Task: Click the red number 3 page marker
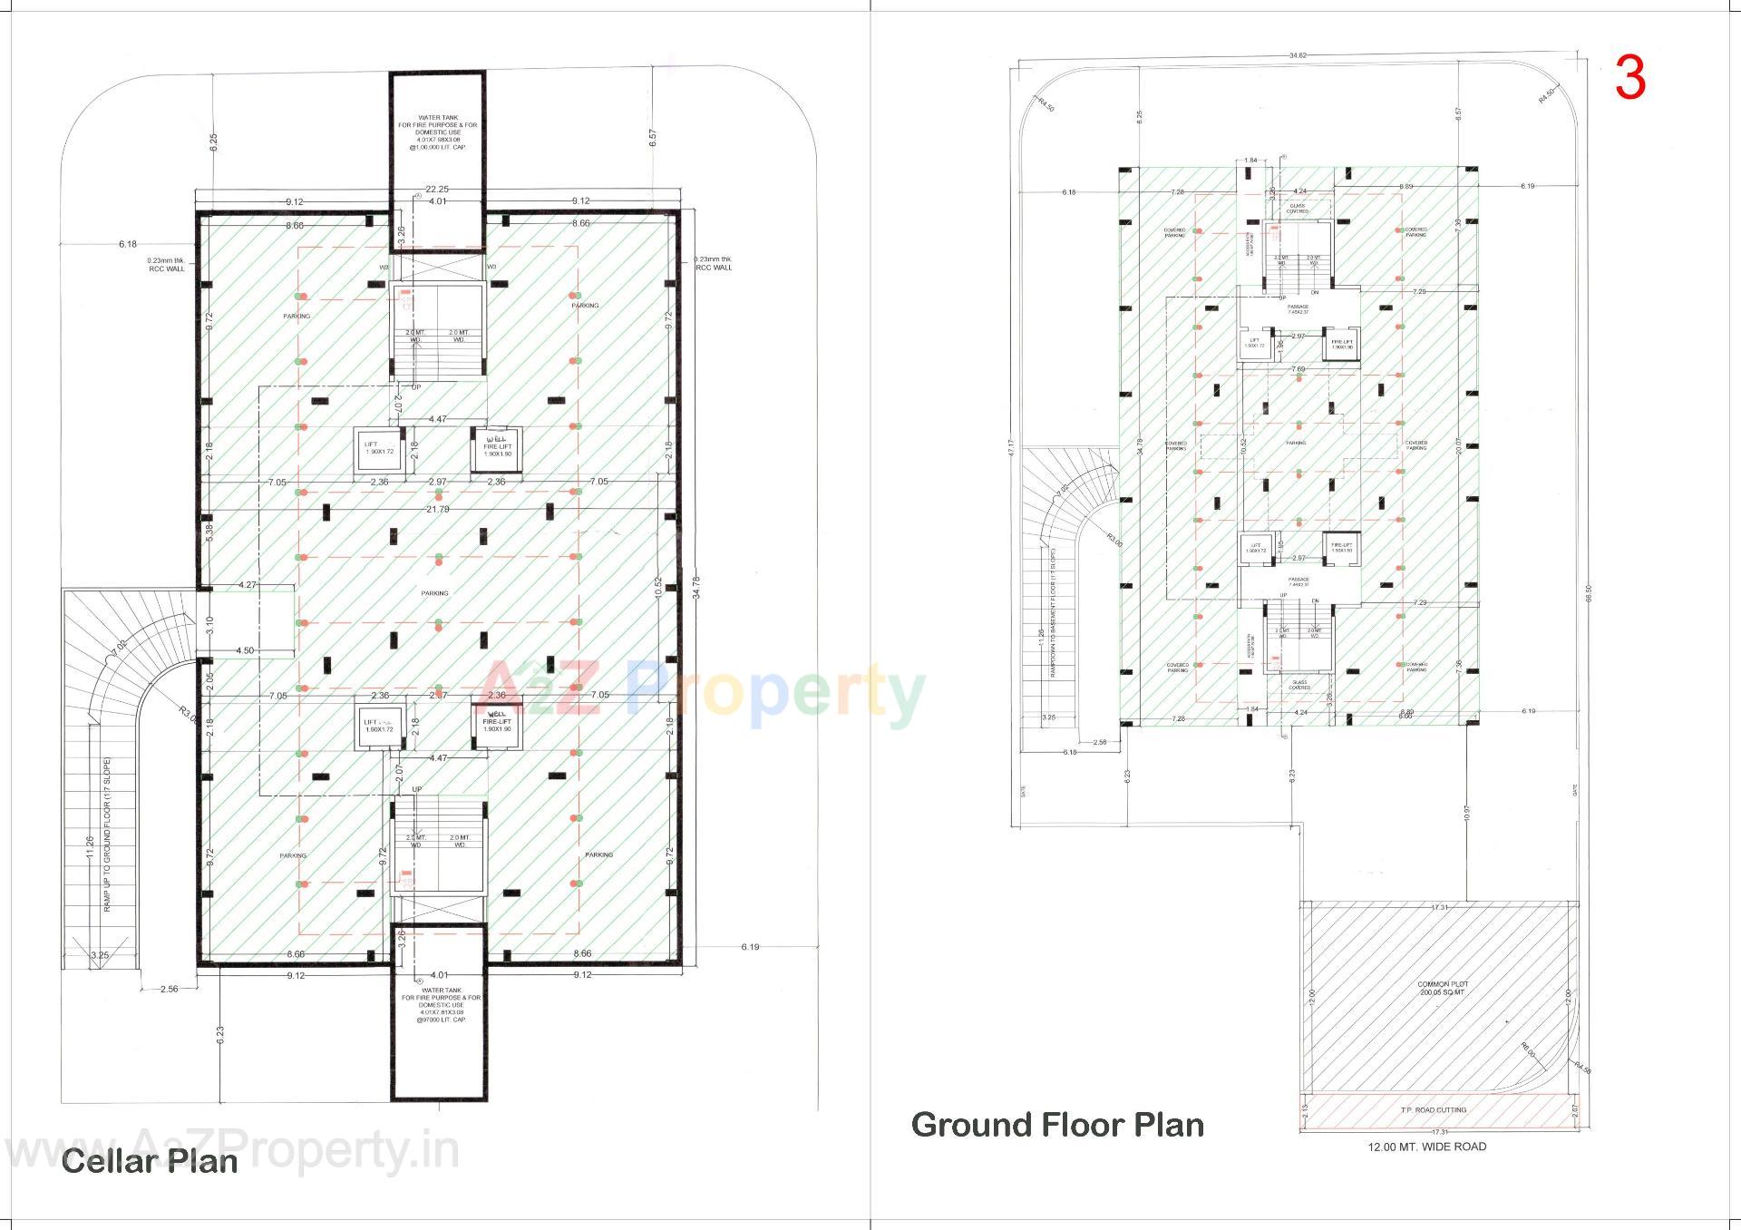tap(1629, 79)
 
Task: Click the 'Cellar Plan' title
tap(150, 1161)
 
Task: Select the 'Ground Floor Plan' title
tap(1057, 1125)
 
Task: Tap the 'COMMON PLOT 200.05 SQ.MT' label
tap(1442, 989)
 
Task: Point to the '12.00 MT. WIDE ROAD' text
tap(1427, 1147)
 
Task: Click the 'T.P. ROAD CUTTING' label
tap(1439, 1109)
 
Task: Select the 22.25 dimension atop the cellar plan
tap(438, 190)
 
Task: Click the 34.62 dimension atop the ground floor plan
tap(1298, 56)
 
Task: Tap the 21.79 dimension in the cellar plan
tap(438, 510)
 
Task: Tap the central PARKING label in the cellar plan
tap(434, 593)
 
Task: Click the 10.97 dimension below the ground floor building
tap(1466, 814)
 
